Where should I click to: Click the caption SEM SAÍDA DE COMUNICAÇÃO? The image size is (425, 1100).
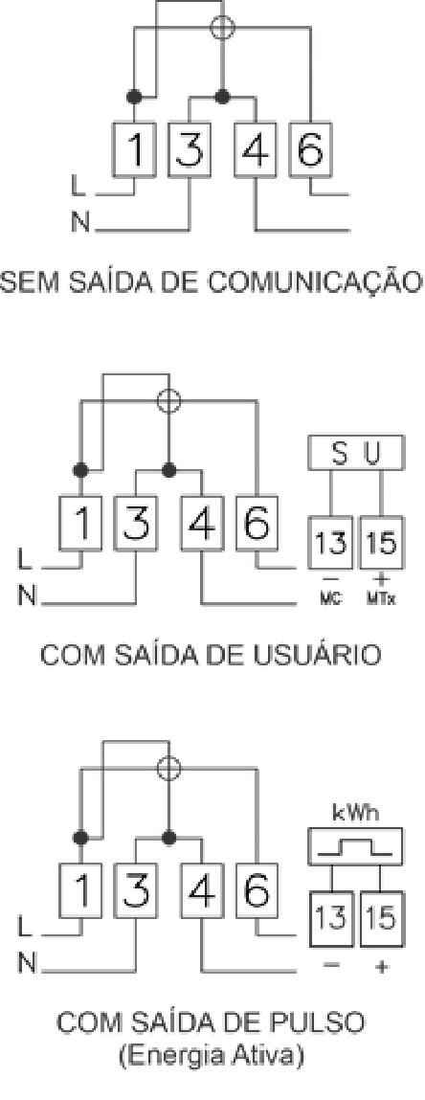tap(212, 281)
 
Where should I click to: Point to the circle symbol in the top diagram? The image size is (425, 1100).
tap(223, 27)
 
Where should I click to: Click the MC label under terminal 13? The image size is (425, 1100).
tap(330, 601)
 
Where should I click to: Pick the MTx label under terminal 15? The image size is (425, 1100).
tap(382, 601)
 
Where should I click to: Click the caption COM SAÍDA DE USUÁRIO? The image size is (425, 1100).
tap(212, 655)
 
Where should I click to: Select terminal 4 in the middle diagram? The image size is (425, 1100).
tap(202, 523)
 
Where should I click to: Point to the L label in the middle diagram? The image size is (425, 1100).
tap(25, 563)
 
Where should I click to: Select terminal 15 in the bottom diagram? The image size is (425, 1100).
tap(382, 919)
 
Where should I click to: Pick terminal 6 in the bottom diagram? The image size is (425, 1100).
tap(257, 891)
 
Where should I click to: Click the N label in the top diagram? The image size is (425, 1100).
tap(80, 224)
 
